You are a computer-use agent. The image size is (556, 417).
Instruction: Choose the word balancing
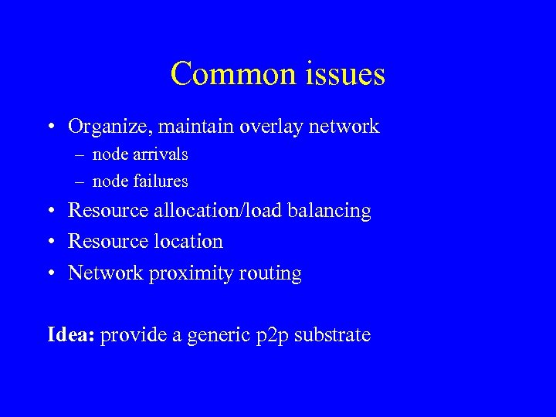click(x=329, y=211)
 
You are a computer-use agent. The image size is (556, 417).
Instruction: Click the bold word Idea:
click(x=71, y=335)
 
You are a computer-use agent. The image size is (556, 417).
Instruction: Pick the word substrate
click(x=332, y=335)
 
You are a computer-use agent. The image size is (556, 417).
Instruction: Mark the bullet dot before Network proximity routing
click(x=50, y=273)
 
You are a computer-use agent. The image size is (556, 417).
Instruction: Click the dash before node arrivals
click(x=80, y=155)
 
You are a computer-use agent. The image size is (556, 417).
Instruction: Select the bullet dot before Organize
click(x=50, y=127)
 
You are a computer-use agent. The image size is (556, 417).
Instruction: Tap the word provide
click(x=128, y=336)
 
